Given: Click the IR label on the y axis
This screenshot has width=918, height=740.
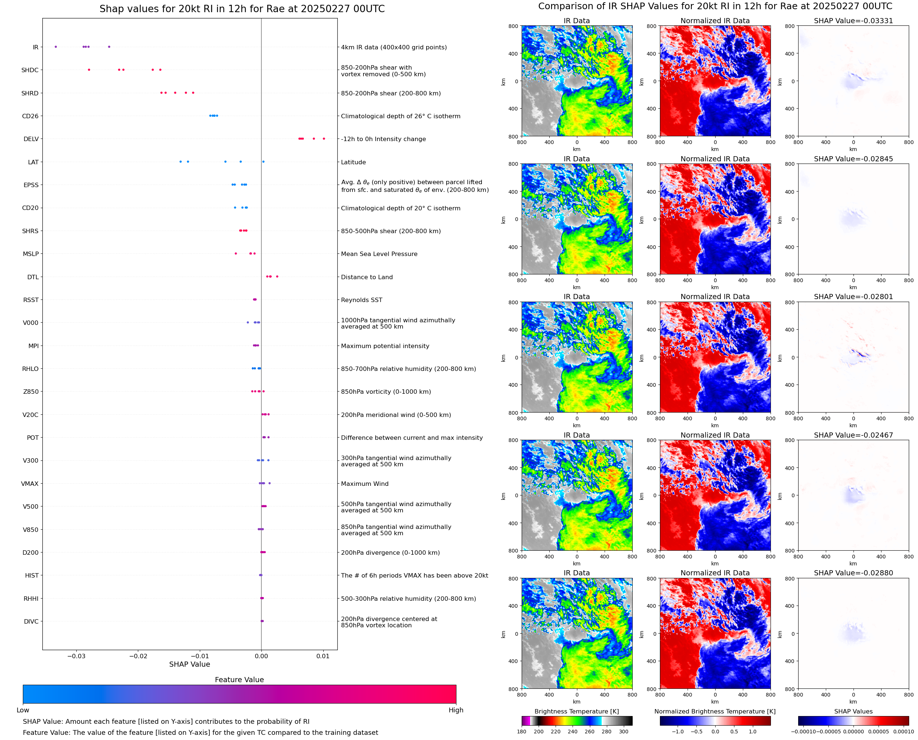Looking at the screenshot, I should [x=35, y=47].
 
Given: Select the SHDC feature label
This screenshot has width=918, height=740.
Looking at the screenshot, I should [x=30, y=70].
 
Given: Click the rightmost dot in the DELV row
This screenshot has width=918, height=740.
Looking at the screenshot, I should [x=324, y=138].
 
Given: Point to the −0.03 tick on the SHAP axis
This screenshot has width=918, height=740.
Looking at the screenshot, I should [x=76, y=656].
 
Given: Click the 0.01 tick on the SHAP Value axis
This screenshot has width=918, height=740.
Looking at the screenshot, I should [x=323, y=656].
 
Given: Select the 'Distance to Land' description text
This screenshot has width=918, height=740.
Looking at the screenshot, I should [x=366, y=277].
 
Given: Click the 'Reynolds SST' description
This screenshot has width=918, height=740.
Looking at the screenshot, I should [x=361, y=300].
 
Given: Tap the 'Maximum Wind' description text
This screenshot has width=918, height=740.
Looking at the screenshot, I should [x=364, y=484].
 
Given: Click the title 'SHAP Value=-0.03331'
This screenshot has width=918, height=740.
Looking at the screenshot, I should [x=853, y=21].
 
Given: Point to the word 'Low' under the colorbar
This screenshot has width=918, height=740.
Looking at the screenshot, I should [x=23, y=710].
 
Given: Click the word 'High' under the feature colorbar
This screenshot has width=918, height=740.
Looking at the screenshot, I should [x=456, y=710].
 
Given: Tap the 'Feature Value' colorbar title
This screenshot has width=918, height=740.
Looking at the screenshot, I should [x=239, y=680].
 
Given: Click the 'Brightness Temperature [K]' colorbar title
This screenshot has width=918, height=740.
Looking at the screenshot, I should [x=576, y=711].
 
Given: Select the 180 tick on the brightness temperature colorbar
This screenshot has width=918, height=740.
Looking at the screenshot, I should [x=522, y=732].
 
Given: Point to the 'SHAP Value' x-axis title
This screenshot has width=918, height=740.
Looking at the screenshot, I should [x=189, y=664].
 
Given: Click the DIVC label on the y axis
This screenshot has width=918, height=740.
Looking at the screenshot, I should [x=31, y=621].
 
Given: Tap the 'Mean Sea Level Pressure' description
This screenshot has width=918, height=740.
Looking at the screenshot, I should [x=379, y=254].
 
